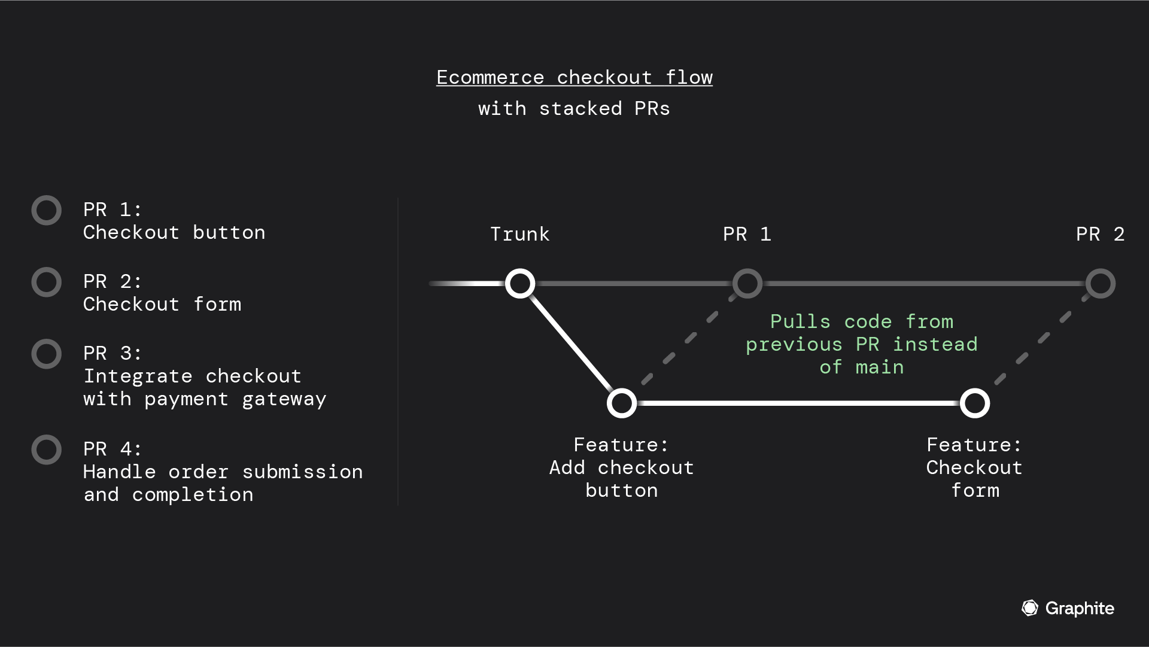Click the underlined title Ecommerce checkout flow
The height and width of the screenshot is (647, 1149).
pyautogui.click(x=574, y=77)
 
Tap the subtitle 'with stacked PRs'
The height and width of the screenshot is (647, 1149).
pyautogui.click(x=574, y=109)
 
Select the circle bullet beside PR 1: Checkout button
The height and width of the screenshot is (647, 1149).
pyautogui.click(x=47, y=211)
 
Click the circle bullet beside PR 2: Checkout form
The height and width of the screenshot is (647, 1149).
pyautogui.click(x=47, y=283)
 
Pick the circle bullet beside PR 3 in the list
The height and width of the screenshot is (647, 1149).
pyautogui.click(x=47, y=354)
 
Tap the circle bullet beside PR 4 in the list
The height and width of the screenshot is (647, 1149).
pyautogui.click(x=47, y=450)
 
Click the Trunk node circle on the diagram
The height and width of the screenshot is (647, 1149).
pyautogui.click(x=520, y=284)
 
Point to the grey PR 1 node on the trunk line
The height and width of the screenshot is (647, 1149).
pyautogui.click(x=747, y=284)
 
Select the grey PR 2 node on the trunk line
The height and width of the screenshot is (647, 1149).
pyautogui.click(x=1101, y=284)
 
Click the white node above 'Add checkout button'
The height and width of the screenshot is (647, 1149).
pyautogui.click(x=622, y=403)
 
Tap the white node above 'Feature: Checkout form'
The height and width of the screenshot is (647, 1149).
pyautogui.click(x=975, y=403)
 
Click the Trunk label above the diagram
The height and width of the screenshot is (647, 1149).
pyautogui.click(x=519, y=234)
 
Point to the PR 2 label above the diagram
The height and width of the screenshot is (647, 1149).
pyautogui.click(x=1100, y=234)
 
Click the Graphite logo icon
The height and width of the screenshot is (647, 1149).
pyautogui.click(x=1030, y=608)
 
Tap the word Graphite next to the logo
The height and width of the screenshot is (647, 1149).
pyautogui.click(x=1080, y=609)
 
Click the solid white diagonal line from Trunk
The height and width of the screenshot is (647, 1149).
pyautogui.click(x=570, y=344)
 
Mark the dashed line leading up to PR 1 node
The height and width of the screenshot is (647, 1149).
pyautogui.click(x=690, y=339)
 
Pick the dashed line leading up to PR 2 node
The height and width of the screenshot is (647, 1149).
pyautogui.click(x=1043, y=339)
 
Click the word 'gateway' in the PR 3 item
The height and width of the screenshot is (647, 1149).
pyautogui.click(x=284, y=399)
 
